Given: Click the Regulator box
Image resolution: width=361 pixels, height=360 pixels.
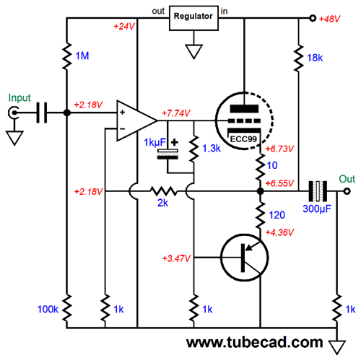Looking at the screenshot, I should (193, 19).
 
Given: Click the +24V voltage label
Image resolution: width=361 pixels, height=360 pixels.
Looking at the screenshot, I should (123, 27).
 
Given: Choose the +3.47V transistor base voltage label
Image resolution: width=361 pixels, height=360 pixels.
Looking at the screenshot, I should (178, 258).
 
